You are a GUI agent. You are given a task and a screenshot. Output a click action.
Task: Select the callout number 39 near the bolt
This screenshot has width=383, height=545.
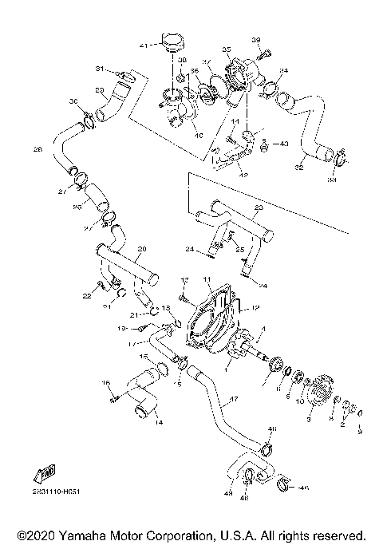[256, 40]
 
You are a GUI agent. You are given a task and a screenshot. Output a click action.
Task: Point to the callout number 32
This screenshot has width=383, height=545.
[299, 168]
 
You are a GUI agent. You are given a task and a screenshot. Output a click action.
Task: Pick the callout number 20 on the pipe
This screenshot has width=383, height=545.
[142, 248]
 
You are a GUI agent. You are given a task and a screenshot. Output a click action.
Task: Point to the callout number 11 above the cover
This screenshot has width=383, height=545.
[205, 279]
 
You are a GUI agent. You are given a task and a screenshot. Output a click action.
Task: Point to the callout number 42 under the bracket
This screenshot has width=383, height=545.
[243, 174]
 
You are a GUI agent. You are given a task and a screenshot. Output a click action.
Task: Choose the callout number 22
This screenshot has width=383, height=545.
[85, 296]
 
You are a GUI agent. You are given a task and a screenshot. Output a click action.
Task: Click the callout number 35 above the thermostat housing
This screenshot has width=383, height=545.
[226, 49]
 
